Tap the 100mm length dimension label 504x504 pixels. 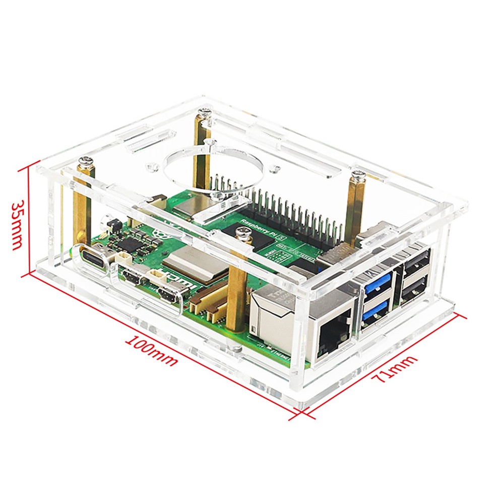click(x=152, y=350)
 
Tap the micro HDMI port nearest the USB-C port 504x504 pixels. click(x=132, y=278)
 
